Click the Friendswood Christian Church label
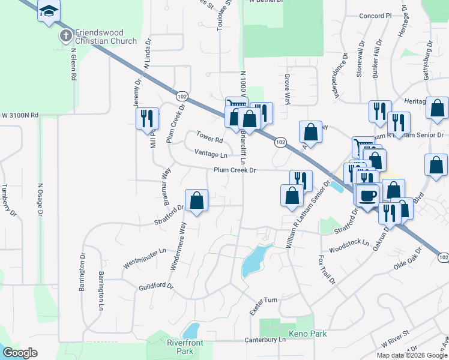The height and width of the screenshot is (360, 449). click(106, 37)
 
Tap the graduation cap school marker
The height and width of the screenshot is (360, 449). click(49, 11)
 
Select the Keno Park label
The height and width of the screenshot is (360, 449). click(307, 334)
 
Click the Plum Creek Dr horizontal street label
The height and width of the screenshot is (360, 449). click(235, 170)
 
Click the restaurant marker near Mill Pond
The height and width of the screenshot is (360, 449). click(147, 118)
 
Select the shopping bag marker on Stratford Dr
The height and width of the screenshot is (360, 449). click(196, 200)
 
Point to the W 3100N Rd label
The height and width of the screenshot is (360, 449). click(19, 115)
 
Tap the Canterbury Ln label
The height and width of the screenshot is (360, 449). click(265, 340)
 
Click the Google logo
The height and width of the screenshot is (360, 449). click(20, 353)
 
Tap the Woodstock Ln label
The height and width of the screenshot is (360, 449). click(348, 245)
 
